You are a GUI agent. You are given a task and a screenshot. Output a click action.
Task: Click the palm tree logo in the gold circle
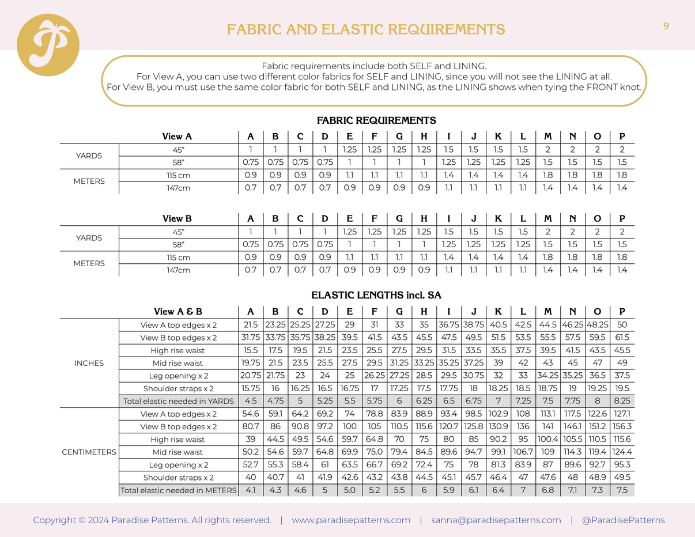point(48,45)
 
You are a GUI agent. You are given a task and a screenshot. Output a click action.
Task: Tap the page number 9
point(666,26)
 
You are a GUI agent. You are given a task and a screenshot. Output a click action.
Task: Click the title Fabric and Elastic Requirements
point(366,29)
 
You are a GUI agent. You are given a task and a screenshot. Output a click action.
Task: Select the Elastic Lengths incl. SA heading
point(376,296)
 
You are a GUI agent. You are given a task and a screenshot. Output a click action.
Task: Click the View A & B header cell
point(178,312)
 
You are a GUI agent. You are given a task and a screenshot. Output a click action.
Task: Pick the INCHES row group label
point(89,363)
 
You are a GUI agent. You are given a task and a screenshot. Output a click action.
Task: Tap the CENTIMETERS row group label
point(89,452)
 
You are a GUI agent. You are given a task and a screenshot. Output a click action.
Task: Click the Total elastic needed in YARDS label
point(178,401)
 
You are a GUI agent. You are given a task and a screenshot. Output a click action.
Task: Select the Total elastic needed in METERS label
point(178,490)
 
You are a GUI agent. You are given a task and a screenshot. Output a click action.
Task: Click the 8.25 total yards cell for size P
point(622,401)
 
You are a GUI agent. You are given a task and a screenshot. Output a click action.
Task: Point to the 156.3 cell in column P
point(622,427)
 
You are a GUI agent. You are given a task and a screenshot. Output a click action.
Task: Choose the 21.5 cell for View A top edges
point(251,325)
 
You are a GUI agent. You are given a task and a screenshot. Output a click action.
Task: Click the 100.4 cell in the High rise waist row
point(547,440)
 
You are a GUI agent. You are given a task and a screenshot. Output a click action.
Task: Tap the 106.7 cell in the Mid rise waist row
point(523,452)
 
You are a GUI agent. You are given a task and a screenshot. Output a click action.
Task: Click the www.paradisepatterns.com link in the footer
point(351,520)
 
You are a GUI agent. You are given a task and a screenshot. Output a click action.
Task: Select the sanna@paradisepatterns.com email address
point(496,520)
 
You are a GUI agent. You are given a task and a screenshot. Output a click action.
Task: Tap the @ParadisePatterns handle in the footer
point(623,520)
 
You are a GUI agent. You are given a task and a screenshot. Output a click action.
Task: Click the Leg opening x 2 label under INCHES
point(178,376)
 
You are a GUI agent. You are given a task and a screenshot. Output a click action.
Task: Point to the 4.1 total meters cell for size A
point(251,490)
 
